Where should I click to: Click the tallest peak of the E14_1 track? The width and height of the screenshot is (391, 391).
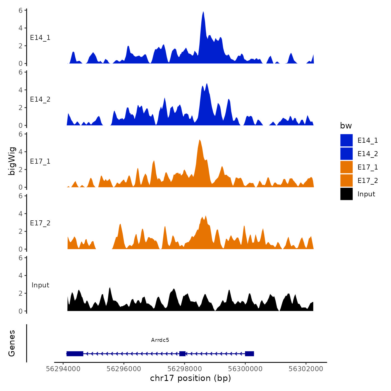point(203,13)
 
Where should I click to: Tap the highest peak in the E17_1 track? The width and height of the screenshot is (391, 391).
point(199,140)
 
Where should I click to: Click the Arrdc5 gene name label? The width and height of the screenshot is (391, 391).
point(160,340)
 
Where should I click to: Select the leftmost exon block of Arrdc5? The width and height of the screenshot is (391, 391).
point(75,354)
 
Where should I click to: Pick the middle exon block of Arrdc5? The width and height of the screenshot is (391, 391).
point(182,354)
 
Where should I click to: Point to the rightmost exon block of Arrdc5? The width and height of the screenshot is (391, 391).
point(249,354)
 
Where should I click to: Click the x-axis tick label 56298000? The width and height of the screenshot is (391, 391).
point(185,369)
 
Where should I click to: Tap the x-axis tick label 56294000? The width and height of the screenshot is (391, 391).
point(63,369)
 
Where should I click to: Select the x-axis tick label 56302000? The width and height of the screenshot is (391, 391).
point(306,369)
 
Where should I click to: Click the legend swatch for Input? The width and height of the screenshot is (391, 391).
point(346,194)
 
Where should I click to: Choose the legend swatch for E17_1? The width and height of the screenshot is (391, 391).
point(346,167)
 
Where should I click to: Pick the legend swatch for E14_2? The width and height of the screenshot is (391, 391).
point(346,154)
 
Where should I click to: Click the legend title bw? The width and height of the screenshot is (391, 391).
point(346,126)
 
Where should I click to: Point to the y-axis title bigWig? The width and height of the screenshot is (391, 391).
point(12,161)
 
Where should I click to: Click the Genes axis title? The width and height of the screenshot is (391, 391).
point(12,343)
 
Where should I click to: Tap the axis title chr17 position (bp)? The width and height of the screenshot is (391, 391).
point(190,378)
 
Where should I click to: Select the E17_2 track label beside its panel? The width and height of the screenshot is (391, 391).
point(40,223)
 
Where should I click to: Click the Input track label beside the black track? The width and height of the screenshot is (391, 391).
point(40,285)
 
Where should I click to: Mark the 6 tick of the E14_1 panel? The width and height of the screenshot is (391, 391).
point(21,11)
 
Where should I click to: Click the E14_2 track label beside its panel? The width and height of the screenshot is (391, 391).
point(40,99)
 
